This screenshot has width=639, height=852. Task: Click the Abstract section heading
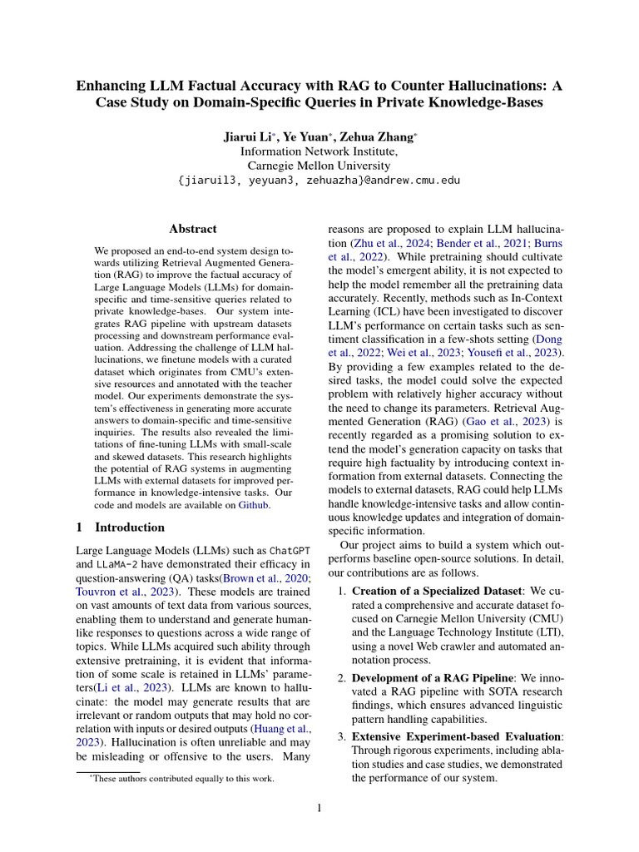click(x=193, y=229)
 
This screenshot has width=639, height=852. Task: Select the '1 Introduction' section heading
click(x=121, y=527)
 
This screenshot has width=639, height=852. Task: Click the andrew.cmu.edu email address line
click(x=319, y=181)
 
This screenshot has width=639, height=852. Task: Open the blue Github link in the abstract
click(x=254, y=504)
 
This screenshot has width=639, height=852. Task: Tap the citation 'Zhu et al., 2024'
click(x=375, y=243)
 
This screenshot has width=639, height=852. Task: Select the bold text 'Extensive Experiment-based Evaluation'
click(x=457, y=736)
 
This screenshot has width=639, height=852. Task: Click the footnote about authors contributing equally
click(x=181, y=779)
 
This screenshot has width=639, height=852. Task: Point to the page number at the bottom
click(x=319, y=809)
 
